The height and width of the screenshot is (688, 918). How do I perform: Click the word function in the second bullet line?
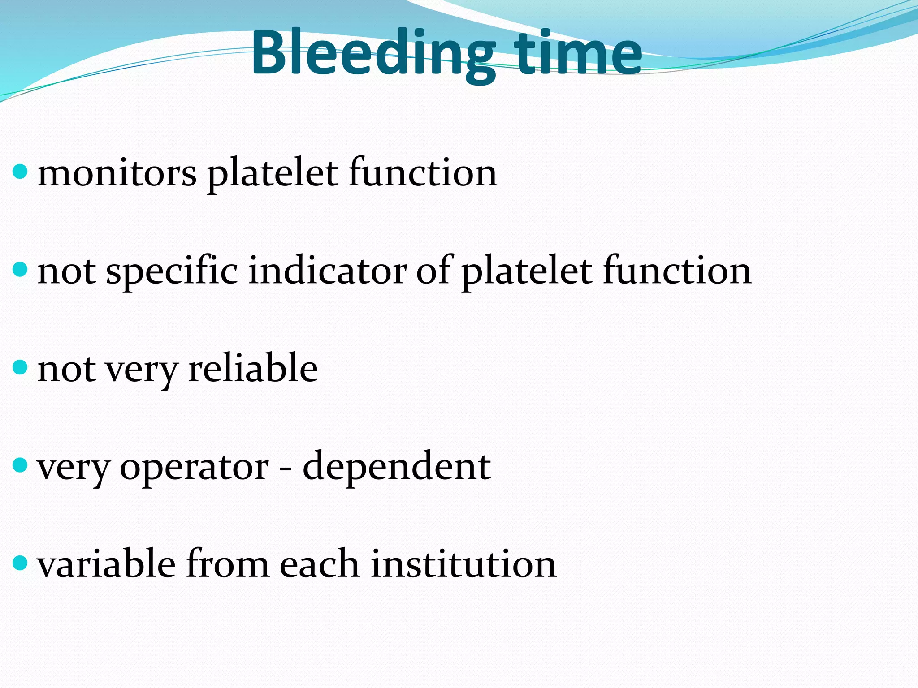tap(677, 271)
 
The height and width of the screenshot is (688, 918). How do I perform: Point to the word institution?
tap(463, 564)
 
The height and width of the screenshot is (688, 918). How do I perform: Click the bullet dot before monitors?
tap(20, 172)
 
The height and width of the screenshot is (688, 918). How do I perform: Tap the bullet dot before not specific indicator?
tap(20, 270)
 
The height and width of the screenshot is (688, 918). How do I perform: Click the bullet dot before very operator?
tap(20, 465)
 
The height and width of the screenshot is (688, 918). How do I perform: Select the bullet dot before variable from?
tap(20, 563)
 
